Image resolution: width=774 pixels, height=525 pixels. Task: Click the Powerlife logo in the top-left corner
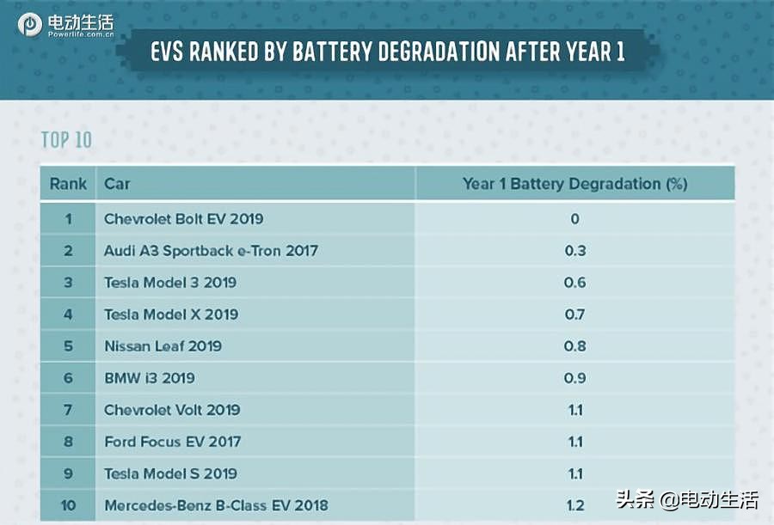tap(64, 25)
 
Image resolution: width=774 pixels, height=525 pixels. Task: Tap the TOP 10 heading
tap(66, 140)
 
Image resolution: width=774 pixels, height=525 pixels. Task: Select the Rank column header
tap(68, 184)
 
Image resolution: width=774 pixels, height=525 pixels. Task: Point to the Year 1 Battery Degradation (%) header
tap(574, 184)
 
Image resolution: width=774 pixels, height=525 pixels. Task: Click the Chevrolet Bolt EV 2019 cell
tap(183, 219)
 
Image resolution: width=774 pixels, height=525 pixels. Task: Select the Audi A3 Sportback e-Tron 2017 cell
tap(211, 251)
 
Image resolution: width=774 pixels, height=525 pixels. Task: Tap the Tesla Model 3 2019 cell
tap(169, 283)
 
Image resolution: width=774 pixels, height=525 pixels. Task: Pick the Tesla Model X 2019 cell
tap(170, 314)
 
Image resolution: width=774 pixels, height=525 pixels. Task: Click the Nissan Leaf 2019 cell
tap(163, 346)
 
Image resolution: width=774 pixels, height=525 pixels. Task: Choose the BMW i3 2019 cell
tap(149, 378)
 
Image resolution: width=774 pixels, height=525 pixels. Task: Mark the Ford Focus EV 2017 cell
tap(172, 442)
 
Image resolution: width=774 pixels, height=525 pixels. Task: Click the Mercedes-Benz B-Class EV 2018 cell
tap(216, 505)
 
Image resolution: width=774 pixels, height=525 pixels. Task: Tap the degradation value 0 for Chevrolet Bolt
tap(574, 219)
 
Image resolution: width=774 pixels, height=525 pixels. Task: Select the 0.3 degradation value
tap(574, 251)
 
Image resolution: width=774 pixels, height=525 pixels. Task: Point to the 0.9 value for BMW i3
tap(574, 378)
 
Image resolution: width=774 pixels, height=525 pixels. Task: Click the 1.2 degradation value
tap(574, 505)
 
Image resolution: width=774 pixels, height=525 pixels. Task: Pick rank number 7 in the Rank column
tap(68, 410)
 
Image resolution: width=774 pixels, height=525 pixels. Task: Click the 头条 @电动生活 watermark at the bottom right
tap(687, 500)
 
